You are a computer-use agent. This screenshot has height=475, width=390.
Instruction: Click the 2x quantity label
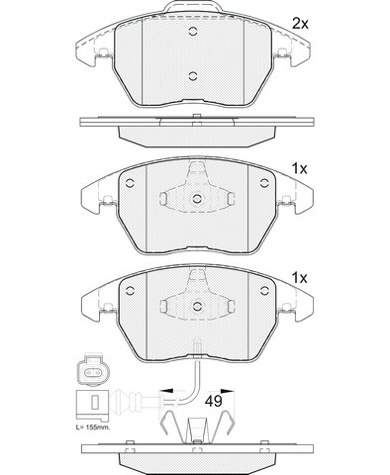(x=300, y=24)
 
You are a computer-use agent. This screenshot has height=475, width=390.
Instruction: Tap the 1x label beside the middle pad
(x=299, y=169)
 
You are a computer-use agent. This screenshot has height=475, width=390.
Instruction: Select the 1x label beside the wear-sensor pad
(x=299, y=278)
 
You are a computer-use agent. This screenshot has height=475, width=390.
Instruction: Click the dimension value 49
(x=214, y=401)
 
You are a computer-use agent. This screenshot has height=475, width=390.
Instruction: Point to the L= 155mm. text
(x=92, y=427)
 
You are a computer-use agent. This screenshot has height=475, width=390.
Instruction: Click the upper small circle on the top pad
(x=193, y=32)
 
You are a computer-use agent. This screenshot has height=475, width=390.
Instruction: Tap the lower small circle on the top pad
(x=193, y=76)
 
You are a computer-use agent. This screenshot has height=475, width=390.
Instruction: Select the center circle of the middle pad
(x=197, y=199)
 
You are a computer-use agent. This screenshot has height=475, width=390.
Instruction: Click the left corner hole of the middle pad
(x=130, y=182)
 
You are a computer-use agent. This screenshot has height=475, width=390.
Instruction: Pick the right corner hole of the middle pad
(x=264, y=182)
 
